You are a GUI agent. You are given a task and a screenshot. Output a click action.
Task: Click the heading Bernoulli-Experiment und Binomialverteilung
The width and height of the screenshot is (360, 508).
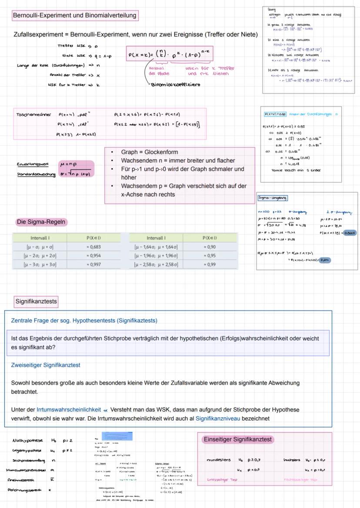tap(74, 16)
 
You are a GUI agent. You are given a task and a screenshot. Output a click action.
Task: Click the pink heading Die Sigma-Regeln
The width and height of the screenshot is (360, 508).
tap(41, 222)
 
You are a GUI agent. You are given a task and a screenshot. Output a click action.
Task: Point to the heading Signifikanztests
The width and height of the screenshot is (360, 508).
tap(36, 301)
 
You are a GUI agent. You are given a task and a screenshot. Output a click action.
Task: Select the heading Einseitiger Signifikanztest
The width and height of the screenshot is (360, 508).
tap(238, 439)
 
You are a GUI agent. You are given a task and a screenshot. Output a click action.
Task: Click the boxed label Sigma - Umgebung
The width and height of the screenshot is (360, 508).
tap(272, 198)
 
